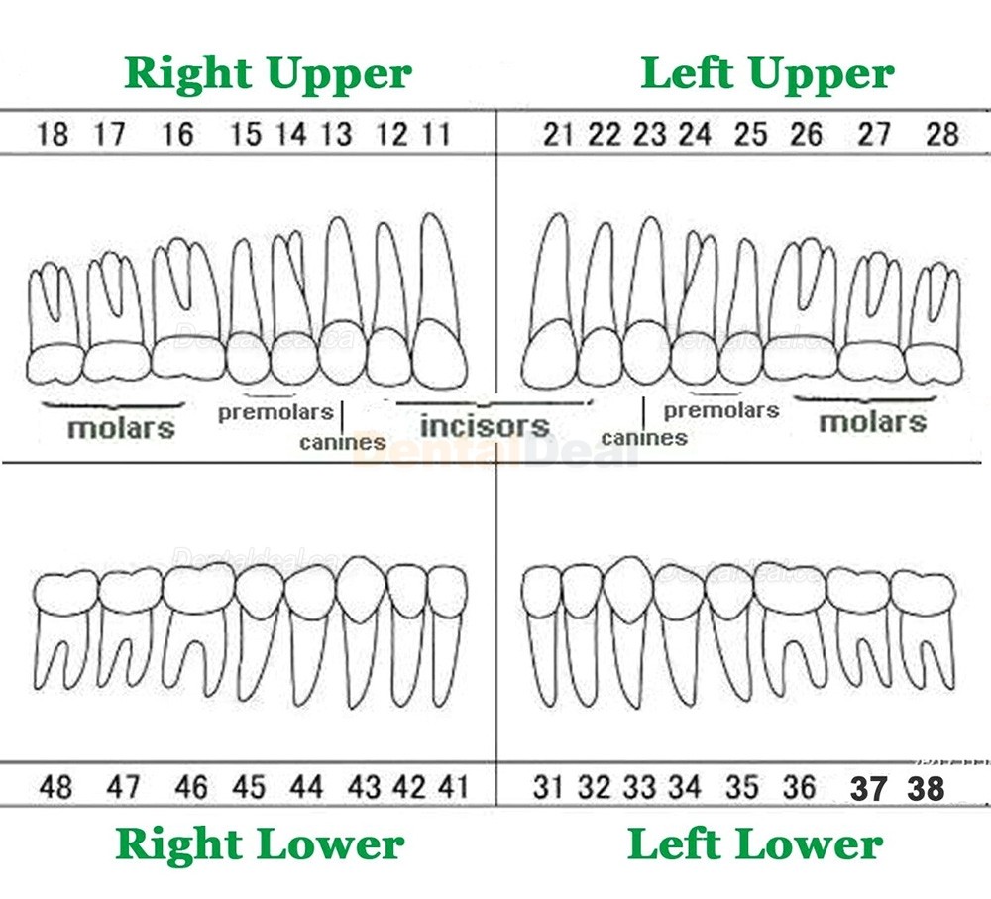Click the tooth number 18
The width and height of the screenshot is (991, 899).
pyautogui.click(x=53, y=134)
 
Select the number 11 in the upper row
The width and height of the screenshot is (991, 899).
pyautogui.click(x=436, y=134)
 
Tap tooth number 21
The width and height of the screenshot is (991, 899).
pyautogui.click(x=558, y=134)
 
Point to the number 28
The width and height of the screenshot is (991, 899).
pyautogui.click(x=942, y=134)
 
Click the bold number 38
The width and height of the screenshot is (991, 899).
pyautogui.click(x=926, y=788)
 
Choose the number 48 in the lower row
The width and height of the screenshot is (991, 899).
pyautogui.click(x=55, y=787)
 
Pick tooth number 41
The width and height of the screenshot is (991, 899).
pyautogui.click(x=453, y=787)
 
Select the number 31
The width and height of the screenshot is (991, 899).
pyautogui.click(x=547, y=787)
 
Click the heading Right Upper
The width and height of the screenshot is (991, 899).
pyautogui.click(x=268, y=74)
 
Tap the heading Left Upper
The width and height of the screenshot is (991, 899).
pyautogui.click(x=767, y=74)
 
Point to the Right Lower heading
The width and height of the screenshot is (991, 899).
pyautogui.click(x=260, y=844)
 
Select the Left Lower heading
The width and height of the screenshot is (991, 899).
pyautogui.click(x=755, y=844)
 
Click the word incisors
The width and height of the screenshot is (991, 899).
pyautogui.click(x=485, y=426)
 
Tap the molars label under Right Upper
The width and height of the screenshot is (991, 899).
pyautogui.click(x=121, y=428)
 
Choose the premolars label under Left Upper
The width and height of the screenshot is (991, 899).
pyautogui.click(x=721, y=411)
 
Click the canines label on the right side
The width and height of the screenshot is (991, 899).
pyautogui.click(x=644, y=438)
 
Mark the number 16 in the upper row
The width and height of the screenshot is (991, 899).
pyautogui.click(x=177, y=134)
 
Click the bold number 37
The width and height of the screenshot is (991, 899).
pyautogui.click(x=868, y=788)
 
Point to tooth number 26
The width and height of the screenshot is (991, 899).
pyautogui.click(x=807, y=134)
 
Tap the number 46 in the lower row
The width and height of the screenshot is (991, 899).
pyautogui.click(x=191, y=787)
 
